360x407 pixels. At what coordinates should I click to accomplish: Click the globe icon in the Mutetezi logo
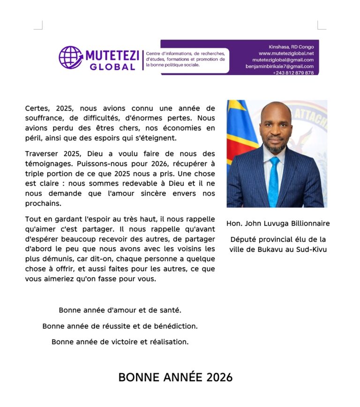click(x=70, y=58)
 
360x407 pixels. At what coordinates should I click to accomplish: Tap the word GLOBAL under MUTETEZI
click(x=112, y=67)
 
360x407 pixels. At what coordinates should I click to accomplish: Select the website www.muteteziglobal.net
click(x=286, y=53)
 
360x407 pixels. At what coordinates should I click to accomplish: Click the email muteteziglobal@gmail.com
click(x=283, y=60)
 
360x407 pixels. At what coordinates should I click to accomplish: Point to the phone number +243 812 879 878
click(x=293, y=73)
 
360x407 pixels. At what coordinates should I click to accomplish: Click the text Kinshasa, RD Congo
click(x=291, y=47)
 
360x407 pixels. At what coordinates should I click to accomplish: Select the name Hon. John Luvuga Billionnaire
click(x=278, y=224)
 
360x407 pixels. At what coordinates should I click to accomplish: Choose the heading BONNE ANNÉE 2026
click(x=175, y=377)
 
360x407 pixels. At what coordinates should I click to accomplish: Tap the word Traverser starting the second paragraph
click(x=43, y=154)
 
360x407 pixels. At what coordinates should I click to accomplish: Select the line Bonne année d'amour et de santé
click(x=120, y=310)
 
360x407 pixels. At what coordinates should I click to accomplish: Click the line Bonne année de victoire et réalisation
click(x=120, y=342)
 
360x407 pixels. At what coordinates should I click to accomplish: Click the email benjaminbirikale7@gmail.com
click(x=279, y=67)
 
